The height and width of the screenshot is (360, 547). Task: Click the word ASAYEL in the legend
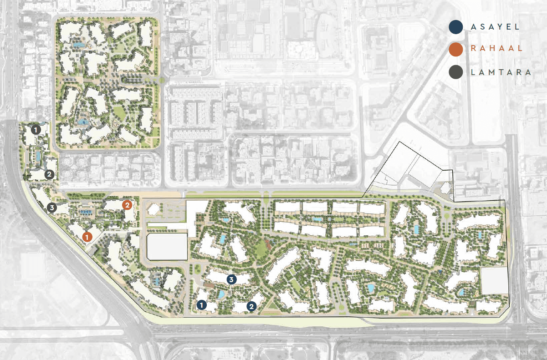click(x=495, y=27)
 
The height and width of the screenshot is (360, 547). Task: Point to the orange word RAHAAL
click(x=496, y=49)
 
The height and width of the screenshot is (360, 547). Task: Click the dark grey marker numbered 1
click(x=36, y=129)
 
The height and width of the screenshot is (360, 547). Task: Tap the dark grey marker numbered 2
click(x=49, y=174)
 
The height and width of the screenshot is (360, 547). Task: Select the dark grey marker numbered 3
click(x=51, y=208)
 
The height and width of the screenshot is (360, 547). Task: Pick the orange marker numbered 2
click(x=128, y=205)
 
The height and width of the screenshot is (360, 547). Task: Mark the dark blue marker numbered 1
click(x=201, y=305)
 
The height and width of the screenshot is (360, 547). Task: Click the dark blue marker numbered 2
click(x=251, y=307)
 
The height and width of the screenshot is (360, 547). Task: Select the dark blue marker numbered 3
click(x=231, y=279)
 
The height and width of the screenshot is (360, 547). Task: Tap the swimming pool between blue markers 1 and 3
click(x=221, y=294)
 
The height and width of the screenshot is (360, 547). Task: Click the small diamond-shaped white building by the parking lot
click(x=154, y=209)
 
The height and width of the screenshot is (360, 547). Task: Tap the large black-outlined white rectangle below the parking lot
click(x=167, y=247)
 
